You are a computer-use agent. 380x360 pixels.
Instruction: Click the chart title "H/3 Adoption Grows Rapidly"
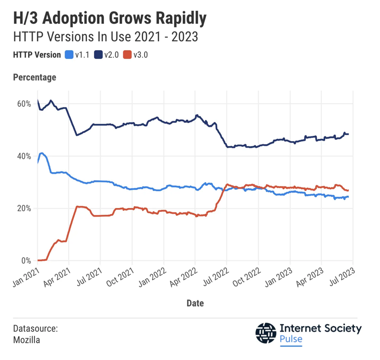110,18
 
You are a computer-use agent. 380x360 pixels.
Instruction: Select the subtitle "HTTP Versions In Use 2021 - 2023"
106,37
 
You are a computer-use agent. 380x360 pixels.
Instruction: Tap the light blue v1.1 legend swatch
69,55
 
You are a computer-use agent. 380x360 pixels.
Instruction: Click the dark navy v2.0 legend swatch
98,55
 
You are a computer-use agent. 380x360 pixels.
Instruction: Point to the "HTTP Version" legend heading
37,55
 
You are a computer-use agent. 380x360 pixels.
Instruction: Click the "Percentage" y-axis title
35,77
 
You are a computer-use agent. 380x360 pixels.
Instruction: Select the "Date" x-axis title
195,303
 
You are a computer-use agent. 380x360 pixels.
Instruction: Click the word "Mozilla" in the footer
26,339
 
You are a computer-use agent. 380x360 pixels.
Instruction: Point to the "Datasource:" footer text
35,328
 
